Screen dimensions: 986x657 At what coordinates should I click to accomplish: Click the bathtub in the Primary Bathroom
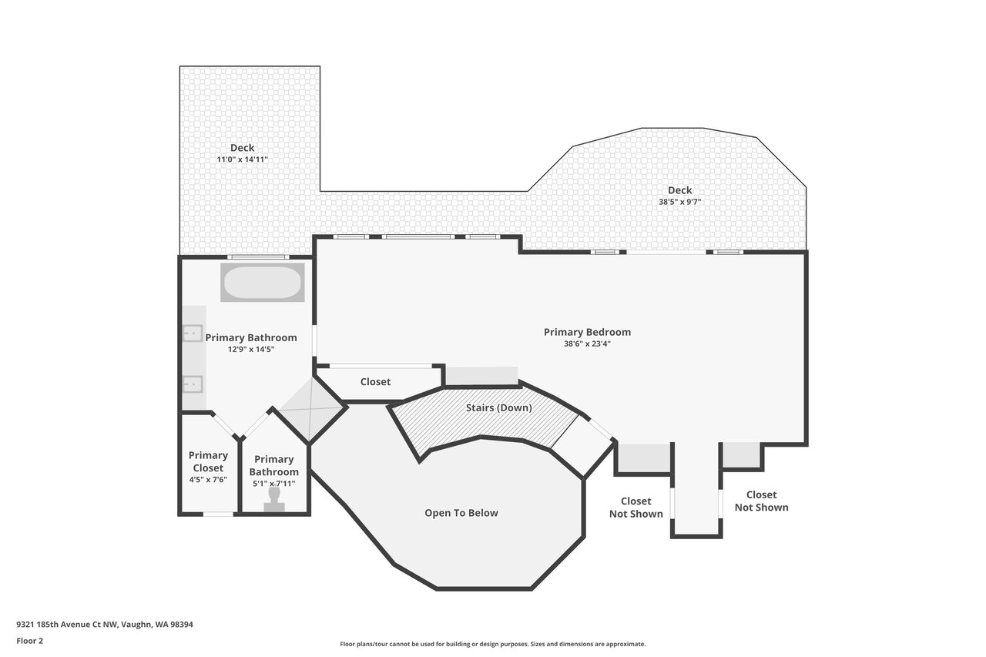point(263,282)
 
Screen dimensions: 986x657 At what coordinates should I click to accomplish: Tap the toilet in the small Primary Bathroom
point(274,499)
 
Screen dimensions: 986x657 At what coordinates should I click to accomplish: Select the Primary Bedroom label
point(587,332)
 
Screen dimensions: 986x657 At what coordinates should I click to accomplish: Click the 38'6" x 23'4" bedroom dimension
point(587,344)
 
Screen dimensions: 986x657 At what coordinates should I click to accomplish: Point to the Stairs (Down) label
point(499,408)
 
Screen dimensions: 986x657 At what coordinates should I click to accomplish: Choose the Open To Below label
point(461,513)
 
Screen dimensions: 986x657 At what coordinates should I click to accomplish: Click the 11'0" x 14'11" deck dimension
point(242,159)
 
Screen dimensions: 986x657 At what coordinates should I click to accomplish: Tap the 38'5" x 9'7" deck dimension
point(679,202)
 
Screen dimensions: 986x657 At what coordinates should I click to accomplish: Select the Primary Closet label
point(208,461)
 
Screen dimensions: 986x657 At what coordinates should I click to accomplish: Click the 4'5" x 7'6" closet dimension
point(208,480)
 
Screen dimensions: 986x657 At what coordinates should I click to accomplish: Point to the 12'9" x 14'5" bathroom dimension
point(251,350)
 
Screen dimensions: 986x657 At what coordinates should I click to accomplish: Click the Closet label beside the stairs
point(375,382)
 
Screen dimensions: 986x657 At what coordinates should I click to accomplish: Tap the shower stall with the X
point(312,409)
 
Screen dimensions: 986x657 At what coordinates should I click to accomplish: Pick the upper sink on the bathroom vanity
point(193,334)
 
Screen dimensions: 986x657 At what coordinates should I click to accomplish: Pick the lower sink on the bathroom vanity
point(193,384)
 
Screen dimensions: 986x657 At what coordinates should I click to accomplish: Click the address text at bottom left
point(105,625)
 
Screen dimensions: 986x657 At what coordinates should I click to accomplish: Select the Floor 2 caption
point(30,641)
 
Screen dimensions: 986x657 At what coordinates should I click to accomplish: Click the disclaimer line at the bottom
point(492,644)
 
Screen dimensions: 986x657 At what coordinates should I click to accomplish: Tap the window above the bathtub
point(258,257)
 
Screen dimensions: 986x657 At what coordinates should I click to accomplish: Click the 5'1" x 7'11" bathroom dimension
point(273,484)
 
